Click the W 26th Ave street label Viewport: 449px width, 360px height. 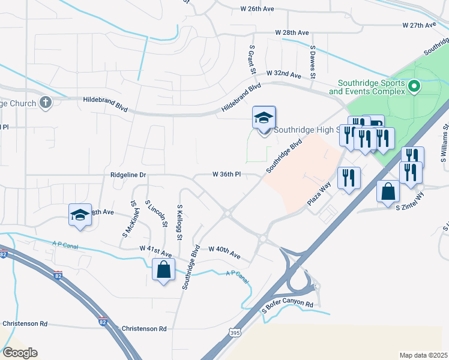(258, 9)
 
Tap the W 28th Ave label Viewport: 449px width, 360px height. (292, 32)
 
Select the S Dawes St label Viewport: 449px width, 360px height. (313, 61)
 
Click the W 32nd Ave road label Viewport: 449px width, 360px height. (285, 74)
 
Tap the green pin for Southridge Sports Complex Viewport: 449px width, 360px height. (414, 88)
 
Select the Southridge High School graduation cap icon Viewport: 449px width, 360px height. (264, 118)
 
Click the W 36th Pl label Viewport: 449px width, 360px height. (226, 175)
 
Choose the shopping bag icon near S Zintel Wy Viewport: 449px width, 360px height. (388, 192)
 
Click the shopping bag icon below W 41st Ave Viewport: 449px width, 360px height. (163, 270)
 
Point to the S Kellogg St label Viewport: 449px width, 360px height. (179, 222)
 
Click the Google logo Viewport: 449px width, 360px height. (20, 353)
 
